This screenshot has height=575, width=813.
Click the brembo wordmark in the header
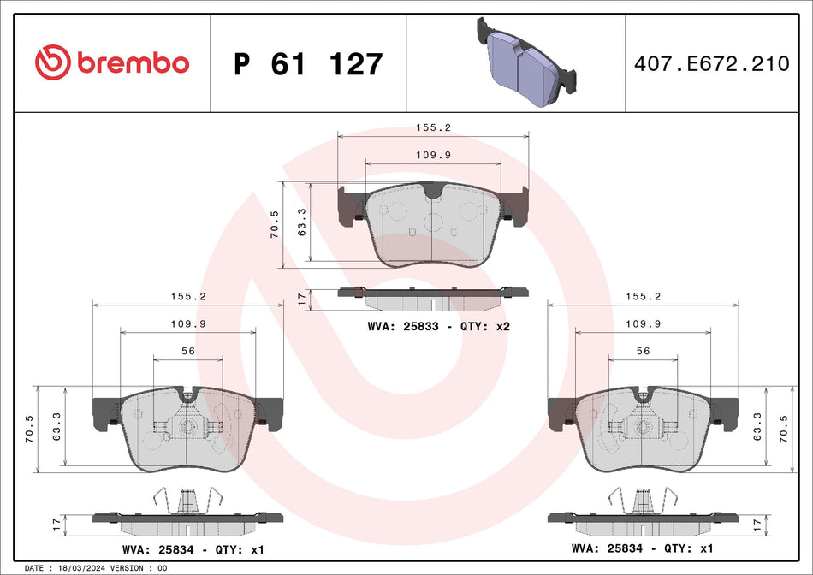coord(133,62)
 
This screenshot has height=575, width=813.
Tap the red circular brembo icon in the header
coord(51,62)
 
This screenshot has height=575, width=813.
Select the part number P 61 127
coord(308,64)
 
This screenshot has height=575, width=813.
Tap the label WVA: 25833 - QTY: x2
coord(438,327)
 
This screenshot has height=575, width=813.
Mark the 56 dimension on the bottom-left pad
coord(188,351)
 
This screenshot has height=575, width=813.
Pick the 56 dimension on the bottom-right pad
coord(643,351)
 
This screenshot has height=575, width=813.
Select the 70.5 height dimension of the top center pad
coord(275,224)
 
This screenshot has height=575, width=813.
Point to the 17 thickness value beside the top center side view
coord(300,299)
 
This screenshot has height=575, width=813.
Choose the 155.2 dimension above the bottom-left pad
coord(188,296)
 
